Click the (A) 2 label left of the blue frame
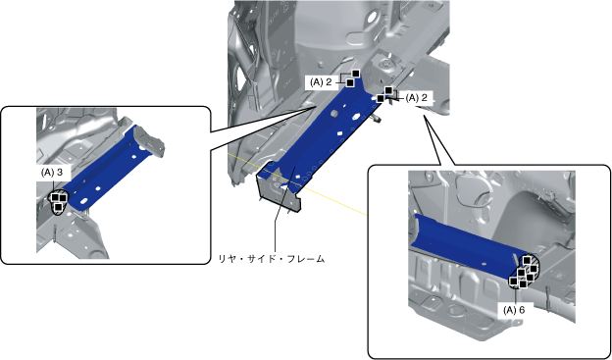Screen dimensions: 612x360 coord(321,82)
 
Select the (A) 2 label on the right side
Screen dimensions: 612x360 coord(417,98)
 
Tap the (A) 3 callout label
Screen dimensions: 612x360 coord(52,173)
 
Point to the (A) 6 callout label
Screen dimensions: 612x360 coord(514,310)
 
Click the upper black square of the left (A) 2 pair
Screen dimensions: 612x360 coord(356,74)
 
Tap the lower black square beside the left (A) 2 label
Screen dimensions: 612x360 coord(350,82)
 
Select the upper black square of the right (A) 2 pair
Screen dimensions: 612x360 coord(388,90)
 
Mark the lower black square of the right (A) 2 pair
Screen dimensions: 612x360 coord(381,98)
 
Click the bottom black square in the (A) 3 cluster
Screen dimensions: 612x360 coord(58,207)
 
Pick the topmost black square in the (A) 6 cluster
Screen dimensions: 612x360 coord(527,260)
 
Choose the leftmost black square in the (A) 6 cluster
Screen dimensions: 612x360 coord(514,282)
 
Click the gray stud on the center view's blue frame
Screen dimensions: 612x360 coord(334,113)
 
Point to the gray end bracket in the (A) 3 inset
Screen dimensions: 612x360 coord(149,140)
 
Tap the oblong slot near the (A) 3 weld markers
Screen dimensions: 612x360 coord(84,201)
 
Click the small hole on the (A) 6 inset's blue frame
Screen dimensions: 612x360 coord(484,264)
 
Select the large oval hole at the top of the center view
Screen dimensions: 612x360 coord(371,17)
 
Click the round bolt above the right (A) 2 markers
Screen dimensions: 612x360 coord(386,63)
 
